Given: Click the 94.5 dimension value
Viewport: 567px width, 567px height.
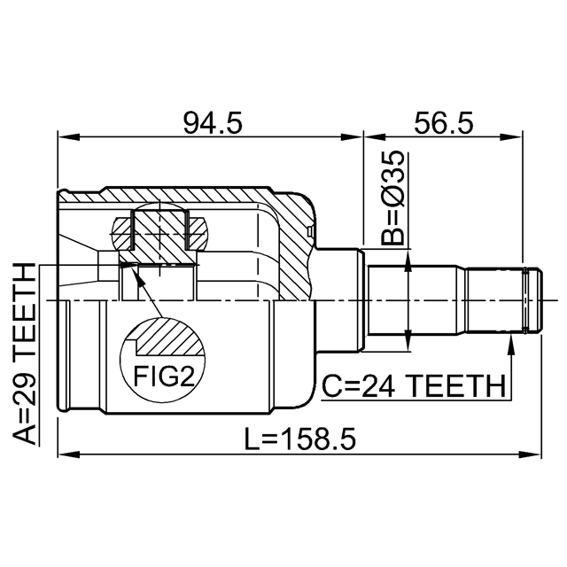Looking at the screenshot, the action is tap(213, 122).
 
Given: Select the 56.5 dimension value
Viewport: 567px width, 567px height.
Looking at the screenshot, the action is tap(444, 122).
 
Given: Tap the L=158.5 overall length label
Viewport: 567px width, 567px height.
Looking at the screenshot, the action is tap(300, 439).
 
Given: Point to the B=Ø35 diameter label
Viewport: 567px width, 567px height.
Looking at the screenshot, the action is tap(392, 198).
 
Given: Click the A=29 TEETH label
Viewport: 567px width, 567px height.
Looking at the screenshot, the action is tap(25, 354).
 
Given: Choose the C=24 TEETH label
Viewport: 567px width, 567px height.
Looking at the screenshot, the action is tap(414, 386).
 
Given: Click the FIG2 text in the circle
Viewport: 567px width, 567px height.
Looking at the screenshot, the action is tap(165, 376).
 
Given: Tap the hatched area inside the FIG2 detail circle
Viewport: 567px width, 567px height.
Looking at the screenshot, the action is tap(168, 336).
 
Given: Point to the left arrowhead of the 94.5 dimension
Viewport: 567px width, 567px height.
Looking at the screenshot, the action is tap(69, 137).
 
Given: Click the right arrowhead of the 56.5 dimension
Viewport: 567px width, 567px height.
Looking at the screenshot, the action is tap(512, 137).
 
